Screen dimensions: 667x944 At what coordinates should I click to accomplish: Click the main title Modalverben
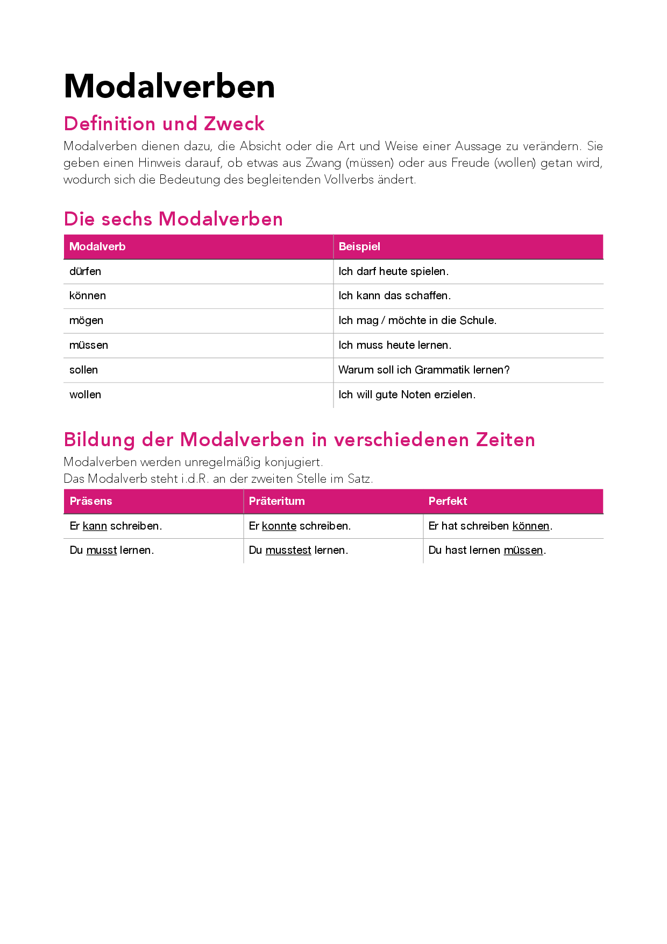169,86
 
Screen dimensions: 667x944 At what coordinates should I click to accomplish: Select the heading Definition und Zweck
164,124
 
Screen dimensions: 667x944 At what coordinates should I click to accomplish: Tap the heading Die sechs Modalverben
173,219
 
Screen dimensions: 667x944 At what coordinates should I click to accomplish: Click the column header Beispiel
359,246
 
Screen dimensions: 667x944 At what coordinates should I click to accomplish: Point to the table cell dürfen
85,271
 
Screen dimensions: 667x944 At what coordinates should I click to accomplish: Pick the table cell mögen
86,321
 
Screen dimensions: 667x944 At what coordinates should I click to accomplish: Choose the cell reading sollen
83,370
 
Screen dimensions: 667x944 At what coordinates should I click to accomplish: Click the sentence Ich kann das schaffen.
394,295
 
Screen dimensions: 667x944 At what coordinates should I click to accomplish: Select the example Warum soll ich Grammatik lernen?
424,370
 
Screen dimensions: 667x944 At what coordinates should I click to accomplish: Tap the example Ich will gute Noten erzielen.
407,394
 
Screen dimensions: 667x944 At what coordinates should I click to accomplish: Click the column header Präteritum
276,501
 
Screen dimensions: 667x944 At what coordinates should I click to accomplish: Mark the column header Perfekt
448,501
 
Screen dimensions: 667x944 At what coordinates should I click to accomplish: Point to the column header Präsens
91,501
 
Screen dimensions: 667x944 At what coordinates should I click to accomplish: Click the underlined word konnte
279,526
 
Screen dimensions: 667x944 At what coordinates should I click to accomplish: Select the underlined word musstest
288,550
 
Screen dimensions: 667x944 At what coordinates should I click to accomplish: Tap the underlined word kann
95,526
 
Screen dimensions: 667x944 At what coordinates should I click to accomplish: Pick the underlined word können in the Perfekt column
531,526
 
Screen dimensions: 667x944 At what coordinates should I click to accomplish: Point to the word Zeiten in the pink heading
505,440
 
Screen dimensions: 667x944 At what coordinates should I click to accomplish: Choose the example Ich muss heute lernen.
395,345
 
